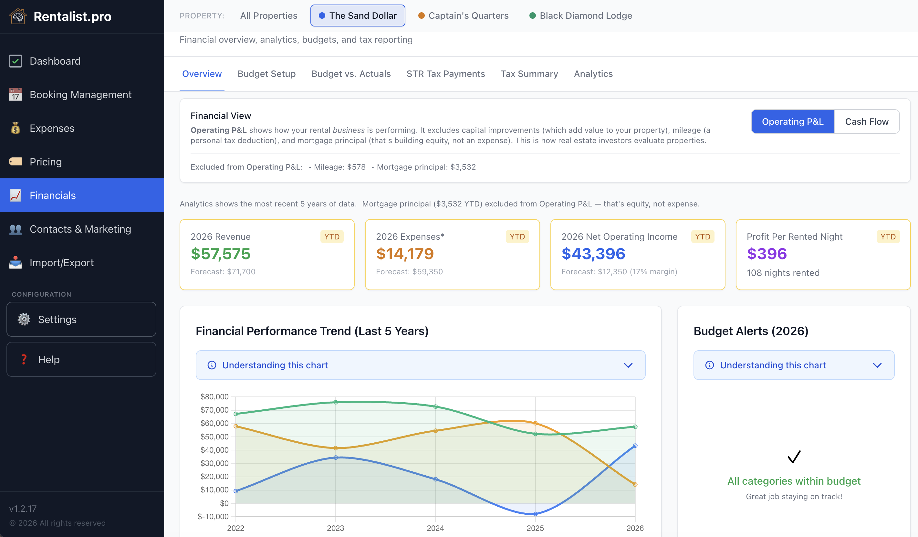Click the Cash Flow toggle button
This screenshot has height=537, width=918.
click(866, 122)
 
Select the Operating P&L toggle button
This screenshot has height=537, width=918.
click(792, 122)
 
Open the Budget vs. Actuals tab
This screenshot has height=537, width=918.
click(351, 74)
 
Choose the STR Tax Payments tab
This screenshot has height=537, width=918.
click(445, 74)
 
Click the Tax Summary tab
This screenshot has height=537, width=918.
click(529, 74)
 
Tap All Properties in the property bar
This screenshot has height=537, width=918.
click(268, 16)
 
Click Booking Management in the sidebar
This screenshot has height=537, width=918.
click(80, 95)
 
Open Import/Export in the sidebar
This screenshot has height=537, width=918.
click(62, 263)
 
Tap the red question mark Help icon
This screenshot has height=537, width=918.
click(24, 360)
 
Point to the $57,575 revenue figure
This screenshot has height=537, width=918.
click(220, 254)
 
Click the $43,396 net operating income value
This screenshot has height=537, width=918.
click(593, 254)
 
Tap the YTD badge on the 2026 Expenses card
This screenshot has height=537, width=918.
click(517, 237)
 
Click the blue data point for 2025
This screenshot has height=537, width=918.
click(535, 514)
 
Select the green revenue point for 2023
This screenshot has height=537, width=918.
click(336, 402)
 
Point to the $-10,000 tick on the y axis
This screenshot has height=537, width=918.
click(213, 517)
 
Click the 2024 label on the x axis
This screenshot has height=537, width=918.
click(435, 528)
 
